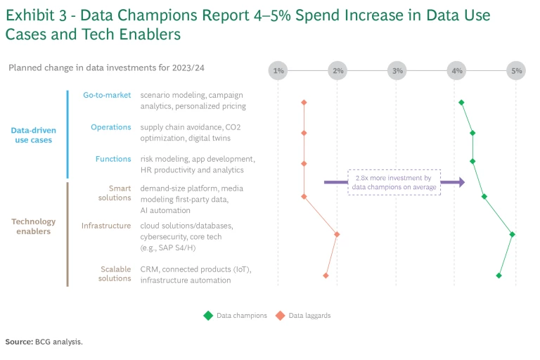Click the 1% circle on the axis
pos(278,70)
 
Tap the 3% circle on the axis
pos(398,70)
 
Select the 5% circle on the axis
pos(517,70)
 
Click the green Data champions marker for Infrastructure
pos(513,234)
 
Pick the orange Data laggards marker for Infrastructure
pos(337,234)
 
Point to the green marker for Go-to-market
pos(461,103)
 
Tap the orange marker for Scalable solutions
pos(326,275)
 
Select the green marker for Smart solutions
pos(484,196)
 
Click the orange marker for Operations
pos(304,133)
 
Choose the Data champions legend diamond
pos(208,316)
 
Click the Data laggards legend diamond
pos(280,316)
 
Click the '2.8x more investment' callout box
pos(394,182)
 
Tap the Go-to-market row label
pos(107,96)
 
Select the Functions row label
pos(113,159)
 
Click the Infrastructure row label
pos(106,226)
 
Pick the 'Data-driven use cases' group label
pos(34,135)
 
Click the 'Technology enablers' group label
pos(34,226)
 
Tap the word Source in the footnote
pos(19,342)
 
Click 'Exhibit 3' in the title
pos(36,15)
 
